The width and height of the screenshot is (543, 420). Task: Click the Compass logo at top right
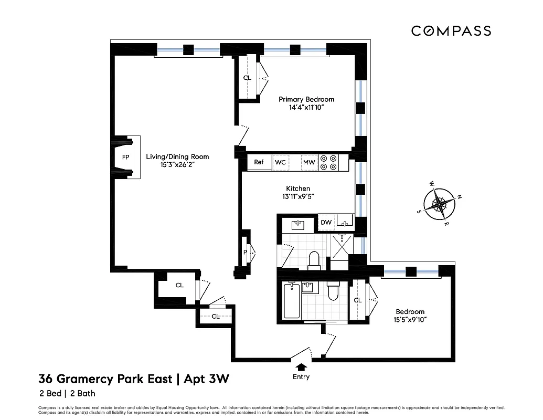(451, 31)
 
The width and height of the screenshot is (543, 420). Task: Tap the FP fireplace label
(126, 157)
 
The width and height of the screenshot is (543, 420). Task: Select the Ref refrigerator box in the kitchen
(259, 162)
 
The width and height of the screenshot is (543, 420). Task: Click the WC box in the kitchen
(280, 163)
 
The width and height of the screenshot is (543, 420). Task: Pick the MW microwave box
(309, 163)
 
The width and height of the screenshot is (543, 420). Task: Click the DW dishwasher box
(326, 223)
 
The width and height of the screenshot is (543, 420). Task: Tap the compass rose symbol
(440, 204)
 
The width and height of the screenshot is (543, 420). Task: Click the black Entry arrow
(301, 367)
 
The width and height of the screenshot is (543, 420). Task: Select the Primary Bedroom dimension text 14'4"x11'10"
(306, 108)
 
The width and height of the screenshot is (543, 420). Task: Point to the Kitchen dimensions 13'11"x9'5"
(297, 197)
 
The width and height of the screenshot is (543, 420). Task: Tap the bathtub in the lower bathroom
(292, 301)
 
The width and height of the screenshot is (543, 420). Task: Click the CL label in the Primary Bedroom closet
(247, 78)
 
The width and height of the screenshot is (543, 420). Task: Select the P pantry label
(245, 252)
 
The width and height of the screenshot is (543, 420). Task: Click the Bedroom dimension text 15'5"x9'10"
(410, 320)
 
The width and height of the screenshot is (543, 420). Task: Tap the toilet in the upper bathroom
(314, 260)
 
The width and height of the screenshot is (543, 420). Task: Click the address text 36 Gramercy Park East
(105, 379)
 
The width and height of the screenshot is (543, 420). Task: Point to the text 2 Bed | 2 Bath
(67, 393)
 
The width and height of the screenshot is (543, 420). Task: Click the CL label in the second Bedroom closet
(358, 300)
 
